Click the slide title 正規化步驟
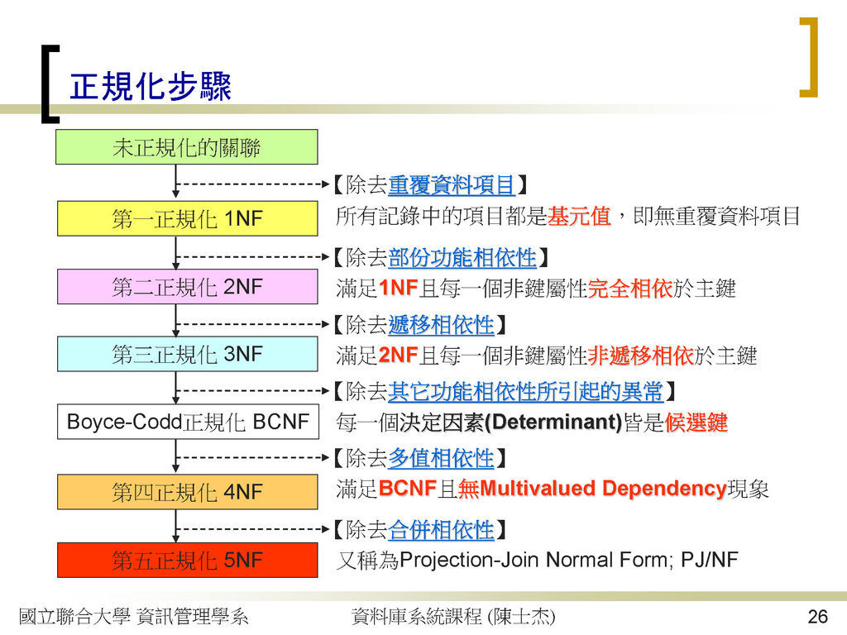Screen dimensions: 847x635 click(x=151, y=86)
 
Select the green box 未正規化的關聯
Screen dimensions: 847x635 click(x=187, y=147)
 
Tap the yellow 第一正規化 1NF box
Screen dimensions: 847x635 click(x=188, y=218)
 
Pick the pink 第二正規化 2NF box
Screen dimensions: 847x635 click(x=188, y=287)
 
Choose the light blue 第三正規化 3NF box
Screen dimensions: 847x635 click(x=188, y=354)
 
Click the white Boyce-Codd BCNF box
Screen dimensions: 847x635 click(x=188, y=422)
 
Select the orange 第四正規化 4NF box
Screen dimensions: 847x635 click(x=188, y=492)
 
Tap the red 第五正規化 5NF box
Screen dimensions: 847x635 click(x=188, y=560)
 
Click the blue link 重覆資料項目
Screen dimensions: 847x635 click(x=451, y=185)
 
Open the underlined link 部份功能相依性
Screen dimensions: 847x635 click(x=462, y=258)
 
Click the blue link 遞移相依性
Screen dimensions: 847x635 click(x=441, y=325)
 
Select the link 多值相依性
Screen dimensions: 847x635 click(x=441, y=458)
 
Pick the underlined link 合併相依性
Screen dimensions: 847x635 click(x=441, y=530)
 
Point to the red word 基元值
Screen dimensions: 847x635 click(x=578, y=216)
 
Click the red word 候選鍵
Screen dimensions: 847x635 click(x=696, y=423)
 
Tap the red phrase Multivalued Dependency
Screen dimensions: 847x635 click(x=602, y=488)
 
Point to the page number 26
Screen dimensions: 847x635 click(x=818, y=616)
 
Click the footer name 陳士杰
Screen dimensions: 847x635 click(x=521, y=616)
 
